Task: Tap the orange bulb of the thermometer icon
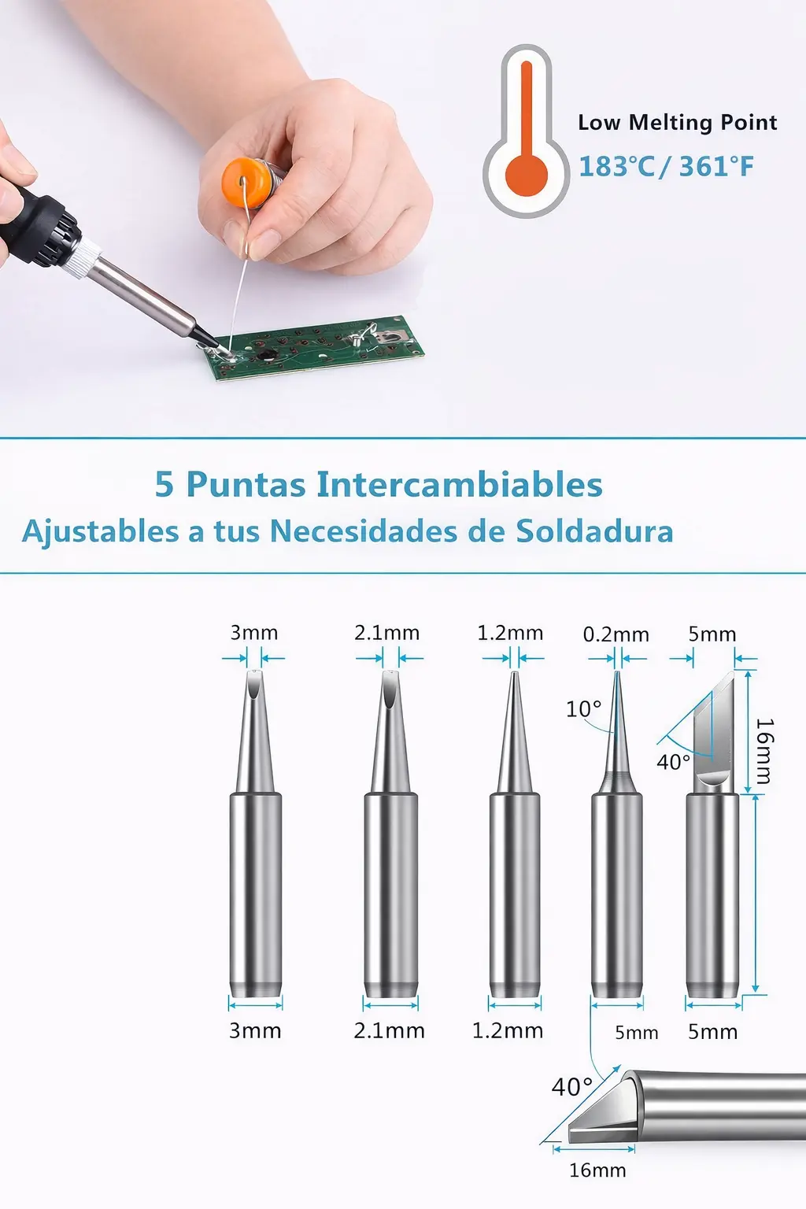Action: click(x=527, y=174)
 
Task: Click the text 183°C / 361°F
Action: click(x=666, y=166)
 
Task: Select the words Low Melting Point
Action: click(x=678, y=122)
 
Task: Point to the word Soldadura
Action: click(x=594, y=531)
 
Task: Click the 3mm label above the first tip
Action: click(x=254, y=633)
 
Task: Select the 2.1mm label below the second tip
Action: click(x=390, y=1031)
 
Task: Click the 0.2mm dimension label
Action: click(x=616, y=634)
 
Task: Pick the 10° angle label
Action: click(x=583, y=708)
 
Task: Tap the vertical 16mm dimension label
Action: click(x=764, y=751)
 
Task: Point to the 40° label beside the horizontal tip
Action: click(x=571, y=1086)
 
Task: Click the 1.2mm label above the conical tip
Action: click(x=510, y=633)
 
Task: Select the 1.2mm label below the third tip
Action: click(x=508, y=1031)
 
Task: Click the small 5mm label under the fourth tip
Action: click(x=637, y=1033)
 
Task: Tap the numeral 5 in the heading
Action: click(x=165, y=484)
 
